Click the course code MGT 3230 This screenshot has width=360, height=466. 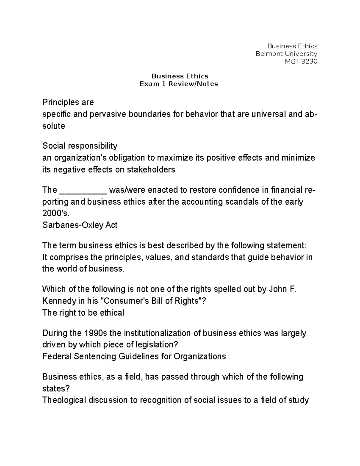point(301,62)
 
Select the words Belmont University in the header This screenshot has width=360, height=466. point(286,54)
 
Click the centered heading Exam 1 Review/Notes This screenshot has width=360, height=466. point(179,84)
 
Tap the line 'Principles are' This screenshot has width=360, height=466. point(68,102)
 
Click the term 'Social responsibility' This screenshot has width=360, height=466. point(80,146)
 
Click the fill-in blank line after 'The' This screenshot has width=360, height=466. point(83,190)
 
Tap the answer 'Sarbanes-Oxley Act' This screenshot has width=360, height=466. point(80,225)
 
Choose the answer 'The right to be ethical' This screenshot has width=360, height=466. point(83,313)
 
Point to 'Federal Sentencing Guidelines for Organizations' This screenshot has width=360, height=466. point(134,356)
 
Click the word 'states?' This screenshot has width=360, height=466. point(56,389)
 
